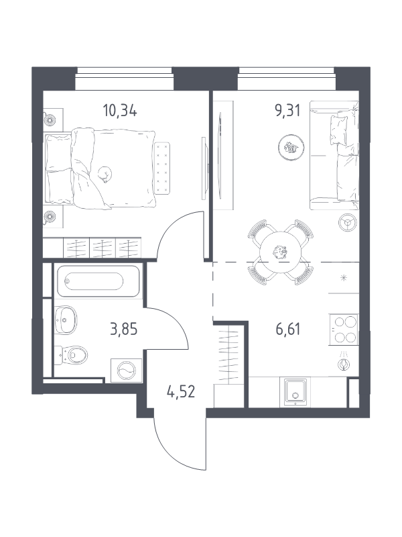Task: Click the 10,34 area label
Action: pyautogui.click(x=120, y=111)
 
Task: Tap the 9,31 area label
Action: pyautogui.click(x=288, y=111)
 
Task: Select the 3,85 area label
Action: pyautogui.click(x=124, y=330)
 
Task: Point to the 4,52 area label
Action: pyautogui.click(x=181, y=391)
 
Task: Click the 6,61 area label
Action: pyautogui.click(x=288, y=330)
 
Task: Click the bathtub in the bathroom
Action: pyautogui.click(x=98, y=281)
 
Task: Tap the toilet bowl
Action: pyautogui.click(x=71, y=355)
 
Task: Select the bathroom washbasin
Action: pyautogui.click(x=66, y=320)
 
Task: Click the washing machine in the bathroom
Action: pyautogui.click(x=126, y=371)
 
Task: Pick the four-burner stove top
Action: pyautogui.click(x=344, y=329)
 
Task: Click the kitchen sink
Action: pyautogui.click(x=295, y=392)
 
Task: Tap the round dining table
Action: pyautogui.click(x=281, y=252)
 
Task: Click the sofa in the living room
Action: pyautogui.click(x=334, y=155)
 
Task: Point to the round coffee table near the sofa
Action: pyautogui.click(x=291, y=147)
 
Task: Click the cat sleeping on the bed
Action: pyautogui.click(x=105, y=175)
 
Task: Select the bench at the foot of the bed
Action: pyautogui.click(x=162, y=168)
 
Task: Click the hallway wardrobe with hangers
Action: pyautogui.click(x=228, y=353)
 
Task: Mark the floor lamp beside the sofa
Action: pyautogui.click(x=348, y=223)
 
